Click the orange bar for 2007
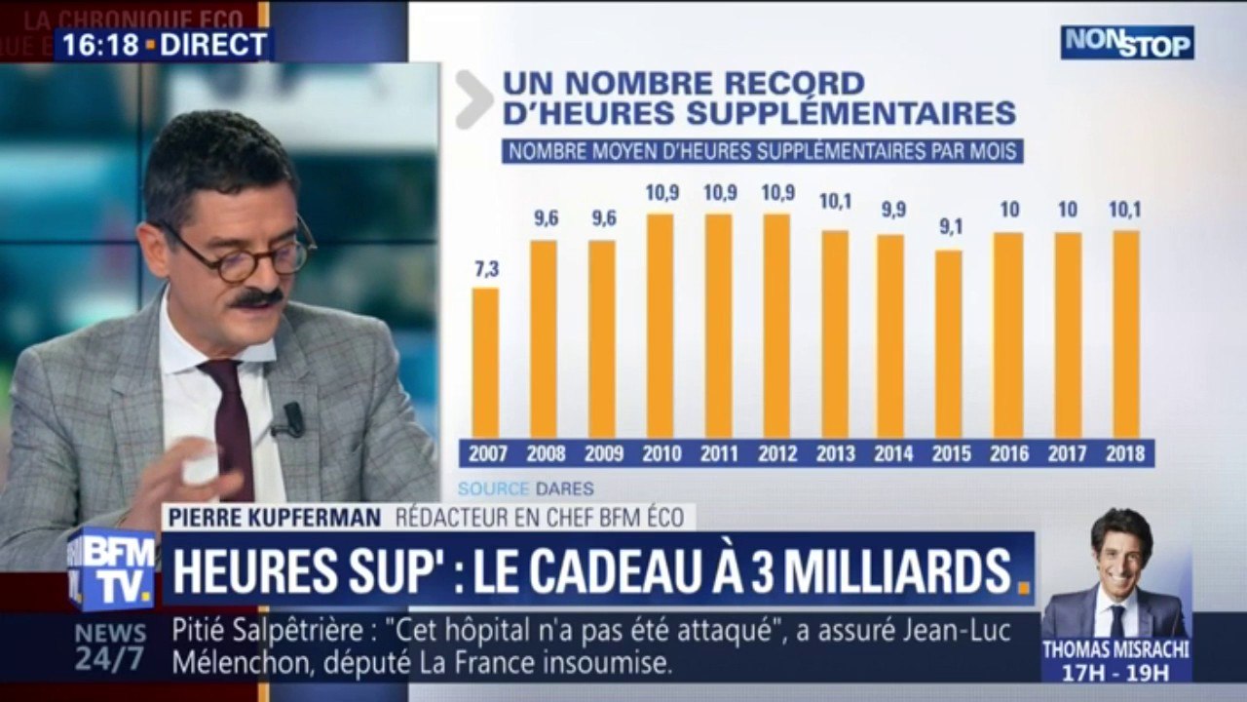pos(485,363)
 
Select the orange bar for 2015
pos(948,344)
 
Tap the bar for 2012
pos(776,326)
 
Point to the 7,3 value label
pos(485,270)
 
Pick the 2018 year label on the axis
pos(1125,453)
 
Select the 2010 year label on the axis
pos(661,453)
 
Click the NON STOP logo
pos(1127,43)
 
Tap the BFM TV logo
pos(110,569)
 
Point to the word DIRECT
pos(213,45)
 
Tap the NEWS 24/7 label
pos(110,645)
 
